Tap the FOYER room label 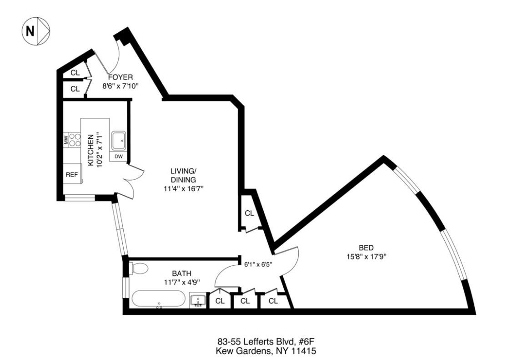[117, 77]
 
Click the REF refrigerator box [72, 174]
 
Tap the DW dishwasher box [119, 157]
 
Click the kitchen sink [119, 141]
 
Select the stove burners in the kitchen [75, 140]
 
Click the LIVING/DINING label [183, 175]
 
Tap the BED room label [366, 248]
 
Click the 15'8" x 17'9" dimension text [366, 256]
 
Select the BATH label [181, 273]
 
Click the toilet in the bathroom [138, 269]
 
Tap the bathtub [158, 299]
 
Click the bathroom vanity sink [198, 301]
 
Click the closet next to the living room [249, 213]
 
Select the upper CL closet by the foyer [75, 73]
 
